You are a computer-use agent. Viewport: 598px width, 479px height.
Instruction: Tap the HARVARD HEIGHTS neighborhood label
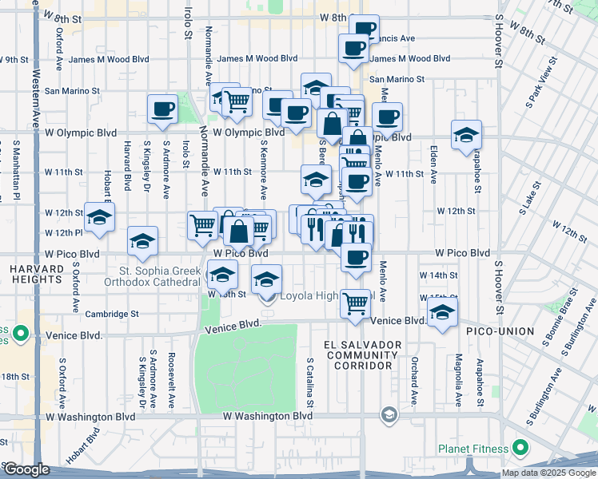point(36,275)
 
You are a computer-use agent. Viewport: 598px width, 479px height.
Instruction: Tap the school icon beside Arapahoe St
point(466,136)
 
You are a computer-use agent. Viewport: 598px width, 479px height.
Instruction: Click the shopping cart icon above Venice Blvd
point(355,303)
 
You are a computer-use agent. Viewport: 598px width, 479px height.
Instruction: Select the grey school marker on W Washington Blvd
point(389,414)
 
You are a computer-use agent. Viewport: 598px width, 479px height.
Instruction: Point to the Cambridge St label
point(114,314)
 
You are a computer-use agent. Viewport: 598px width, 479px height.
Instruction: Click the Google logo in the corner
point(26,469)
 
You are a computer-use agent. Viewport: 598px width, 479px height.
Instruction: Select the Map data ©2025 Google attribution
point(549,473)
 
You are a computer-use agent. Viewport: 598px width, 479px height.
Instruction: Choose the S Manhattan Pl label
point(16,164)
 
